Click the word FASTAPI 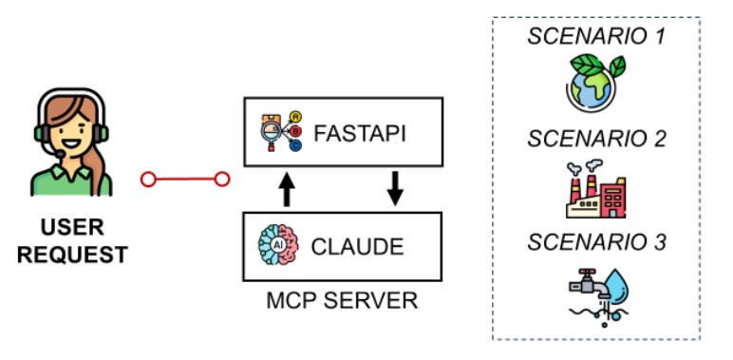(360, 134)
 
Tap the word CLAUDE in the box (357, 247)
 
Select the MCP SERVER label (342, 300)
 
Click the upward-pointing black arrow (287, 189)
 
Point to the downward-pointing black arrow (396, 188)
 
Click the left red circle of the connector (148, 180)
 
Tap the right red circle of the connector (222, 180)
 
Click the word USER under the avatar (72, 228)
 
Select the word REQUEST (72, 256)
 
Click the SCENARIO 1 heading (596, 36)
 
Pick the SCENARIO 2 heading (596, 139)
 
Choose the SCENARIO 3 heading (596, 242)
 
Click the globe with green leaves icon (595, 84)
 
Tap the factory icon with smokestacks (595, 189)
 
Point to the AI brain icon (278, 245)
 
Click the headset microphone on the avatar (60, 154)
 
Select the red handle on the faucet (586, 272)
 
